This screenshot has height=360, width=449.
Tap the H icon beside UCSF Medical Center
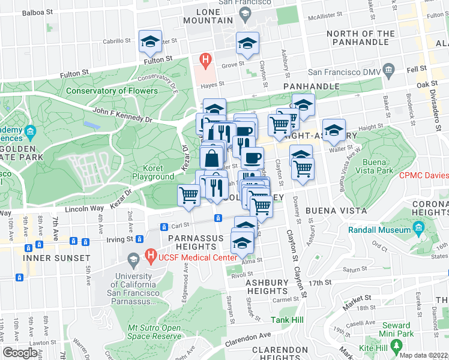click(x=151, y=257)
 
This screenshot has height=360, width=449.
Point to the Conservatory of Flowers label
click(x=112, y=91)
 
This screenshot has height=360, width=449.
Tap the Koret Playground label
click(x=154, y=173)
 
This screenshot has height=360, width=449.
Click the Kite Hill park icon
click(x=396, y=346)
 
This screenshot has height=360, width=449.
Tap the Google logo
click(x=20, y=353)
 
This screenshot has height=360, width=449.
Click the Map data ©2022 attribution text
click(x=423, y=355)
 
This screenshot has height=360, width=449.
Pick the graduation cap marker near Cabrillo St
click(x=149, y=41)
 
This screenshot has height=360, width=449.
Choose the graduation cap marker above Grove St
click(x=247, y=43)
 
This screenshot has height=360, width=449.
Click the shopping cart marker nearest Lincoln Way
click(x=189, y=195)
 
